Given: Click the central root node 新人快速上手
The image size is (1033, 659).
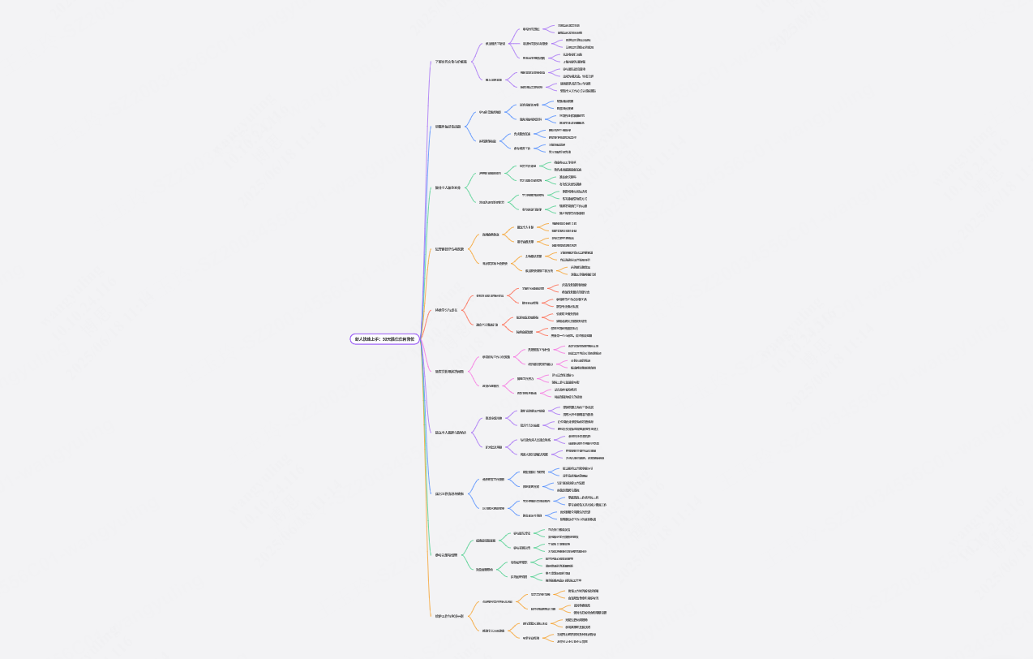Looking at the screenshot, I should [386, 339].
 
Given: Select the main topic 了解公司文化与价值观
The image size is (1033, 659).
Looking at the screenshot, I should [451, 62].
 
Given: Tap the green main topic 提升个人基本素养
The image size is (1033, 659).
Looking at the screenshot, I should [448, 187].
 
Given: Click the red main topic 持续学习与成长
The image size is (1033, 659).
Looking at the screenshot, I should [446, 310].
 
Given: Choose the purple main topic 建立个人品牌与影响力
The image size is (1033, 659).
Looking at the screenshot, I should [452, 433].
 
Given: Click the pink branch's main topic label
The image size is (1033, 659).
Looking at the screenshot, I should [449, 371].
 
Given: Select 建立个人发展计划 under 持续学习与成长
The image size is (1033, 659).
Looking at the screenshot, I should [487, 325].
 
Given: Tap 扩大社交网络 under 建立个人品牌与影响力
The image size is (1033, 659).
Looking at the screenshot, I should [494, 447].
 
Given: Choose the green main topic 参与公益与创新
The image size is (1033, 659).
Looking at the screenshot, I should [446, 555].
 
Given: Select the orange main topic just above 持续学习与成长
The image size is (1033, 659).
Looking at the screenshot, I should [449, 249].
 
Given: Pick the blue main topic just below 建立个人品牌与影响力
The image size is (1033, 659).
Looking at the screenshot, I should [449, 493].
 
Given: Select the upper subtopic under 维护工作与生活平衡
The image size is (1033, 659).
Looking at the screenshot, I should [497, 602].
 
